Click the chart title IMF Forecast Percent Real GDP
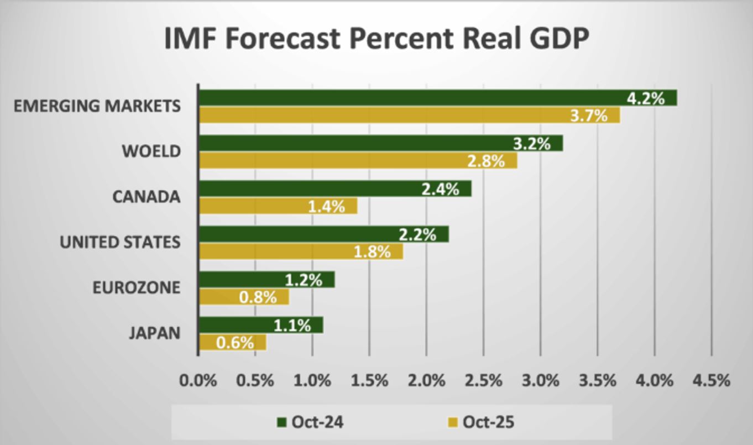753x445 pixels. [377, 39]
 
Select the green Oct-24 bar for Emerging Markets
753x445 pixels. [409, 98]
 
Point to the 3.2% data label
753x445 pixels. [531, 144]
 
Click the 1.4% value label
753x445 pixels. [326, 207]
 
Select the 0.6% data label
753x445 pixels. [235, 343]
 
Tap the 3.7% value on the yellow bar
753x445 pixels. [589, 116]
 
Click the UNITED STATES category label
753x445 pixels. [120, 242]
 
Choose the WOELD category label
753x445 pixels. [151, 151]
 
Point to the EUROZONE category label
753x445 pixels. [136, 287]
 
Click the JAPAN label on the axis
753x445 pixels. [154, 333]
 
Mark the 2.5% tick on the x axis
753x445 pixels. [484, 380]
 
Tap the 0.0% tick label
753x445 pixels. [198, 380]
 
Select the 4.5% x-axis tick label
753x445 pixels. [712, 380]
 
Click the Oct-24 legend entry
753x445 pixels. [310, 422]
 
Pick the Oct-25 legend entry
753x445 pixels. [480, 422]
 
